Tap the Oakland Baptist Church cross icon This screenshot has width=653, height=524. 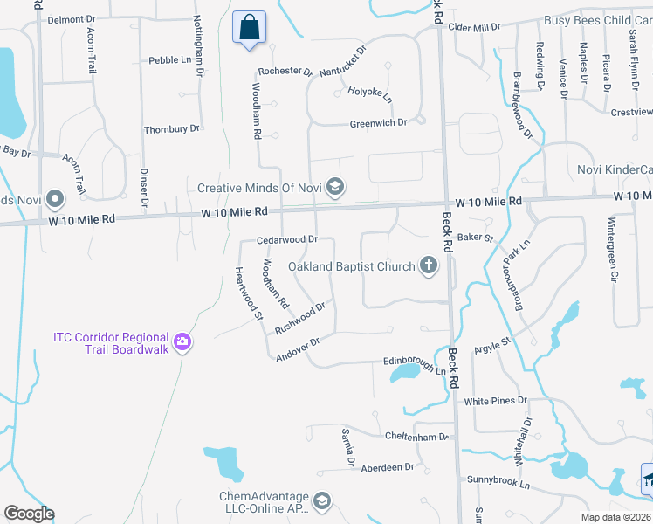pyautogui.click(x=428, y=265)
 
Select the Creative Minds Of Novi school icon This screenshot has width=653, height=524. pyautogui.click(x=334, y=187)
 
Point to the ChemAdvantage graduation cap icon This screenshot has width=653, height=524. pyautogui.click(x=321, y=501)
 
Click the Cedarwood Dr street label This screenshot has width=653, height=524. pyautogui.click(x=286, y=239)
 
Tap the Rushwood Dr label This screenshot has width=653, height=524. pyautogui.click(x=300, y=318)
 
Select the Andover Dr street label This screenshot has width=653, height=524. pyautogui.click(x=299, y=349)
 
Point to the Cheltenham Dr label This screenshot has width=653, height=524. pyautogui.click(x=416, y=435)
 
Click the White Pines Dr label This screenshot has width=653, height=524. pyautogui.click(x=496, y=400)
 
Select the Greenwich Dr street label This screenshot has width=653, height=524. pyautogui.click(x=378, y=123)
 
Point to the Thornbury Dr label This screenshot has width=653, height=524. pyautogui.click(x=171, y=128)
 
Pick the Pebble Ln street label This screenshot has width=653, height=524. pyautogui.click(x=169, y=60)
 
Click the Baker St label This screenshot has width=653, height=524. pyautogui.click(x=476, y=237)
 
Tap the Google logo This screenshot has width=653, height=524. pyautogui.click(x=29, y=514)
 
